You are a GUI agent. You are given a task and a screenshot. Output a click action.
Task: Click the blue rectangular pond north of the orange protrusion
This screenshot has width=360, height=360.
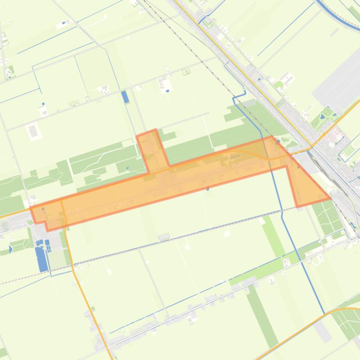click(125, 97)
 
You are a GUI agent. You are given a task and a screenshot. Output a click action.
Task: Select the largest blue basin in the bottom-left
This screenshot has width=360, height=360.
click(42, 259)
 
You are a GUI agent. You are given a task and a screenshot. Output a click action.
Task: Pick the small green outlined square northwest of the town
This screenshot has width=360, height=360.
click(187, 72)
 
